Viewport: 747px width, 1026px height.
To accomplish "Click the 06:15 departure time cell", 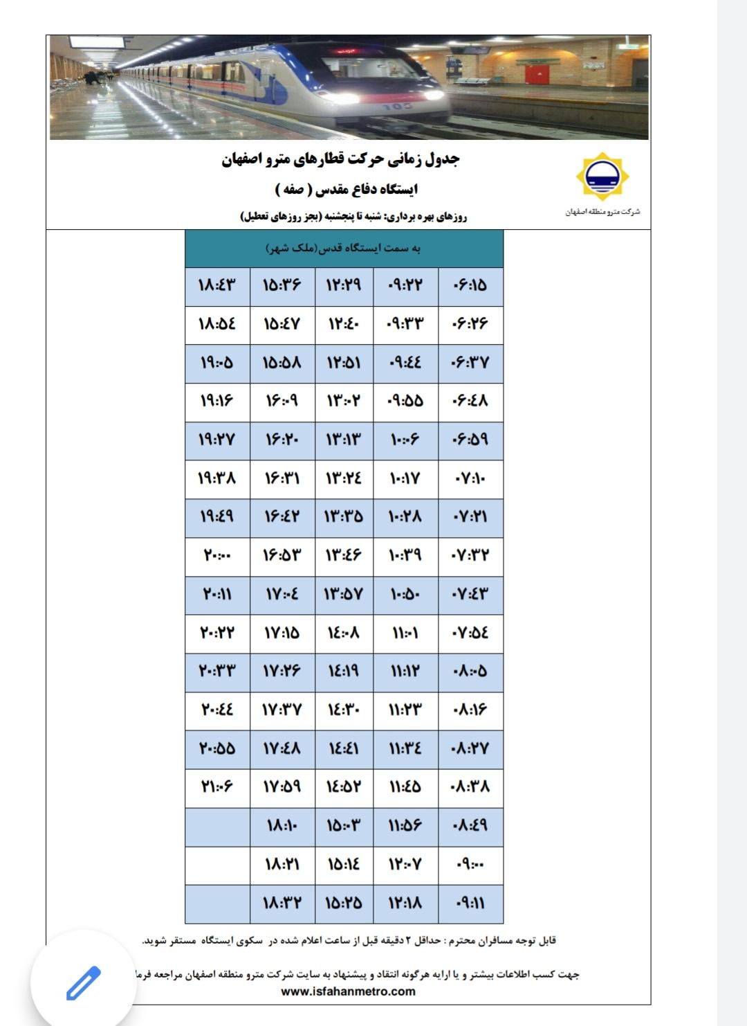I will pos(470,285).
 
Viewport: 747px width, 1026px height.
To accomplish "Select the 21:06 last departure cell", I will pos(217,786).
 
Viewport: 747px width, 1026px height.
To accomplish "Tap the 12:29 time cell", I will pos(344,285).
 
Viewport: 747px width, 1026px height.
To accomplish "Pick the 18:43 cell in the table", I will pos(217,285).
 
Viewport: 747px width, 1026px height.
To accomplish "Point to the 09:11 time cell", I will pos(470,903).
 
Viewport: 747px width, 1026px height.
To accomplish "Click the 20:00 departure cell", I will pos(217,555).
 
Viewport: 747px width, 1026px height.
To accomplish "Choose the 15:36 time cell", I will pos(282,285).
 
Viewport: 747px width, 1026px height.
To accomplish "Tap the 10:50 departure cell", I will pos(405,594).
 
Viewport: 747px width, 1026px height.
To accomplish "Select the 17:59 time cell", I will pos(282,786).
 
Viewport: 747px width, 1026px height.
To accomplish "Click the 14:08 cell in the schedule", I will pos(344,633).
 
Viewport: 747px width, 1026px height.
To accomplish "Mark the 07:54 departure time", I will pos(470,633).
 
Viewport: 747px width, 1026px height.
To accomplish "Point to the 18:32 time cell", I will pos(282,903).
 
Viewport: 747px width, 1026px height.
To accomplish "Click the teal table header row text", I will pos(344,248).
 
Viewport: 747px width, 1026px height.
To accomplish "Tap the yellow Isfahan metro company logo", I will pos(602,177).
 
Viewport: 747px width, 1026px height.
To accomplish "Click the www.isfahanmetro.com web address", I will pos(348,991).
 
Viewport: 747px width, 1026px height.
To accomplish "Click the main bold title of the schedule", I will pos(341,159).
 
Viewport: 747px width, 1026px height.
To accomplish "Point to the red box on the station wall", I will pos(537,73).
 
